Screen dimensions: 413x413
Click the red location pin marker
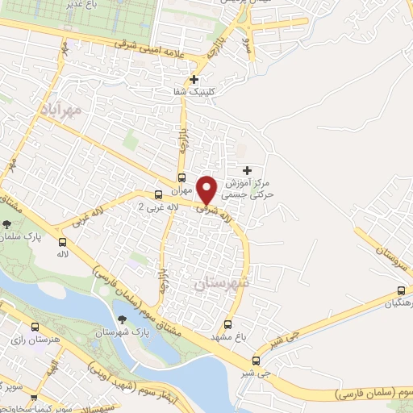click(x=206, y=189)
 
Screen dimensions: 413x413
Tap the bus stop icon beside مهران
click(x=181, y=178)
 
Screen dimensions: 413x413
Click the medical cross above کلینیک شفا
click(x=194, y=79)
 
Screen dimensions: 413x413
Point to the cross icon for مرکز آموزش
click(x=247, y=170)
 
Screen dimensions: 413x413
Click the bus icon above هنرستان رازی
click(x=34, y=327)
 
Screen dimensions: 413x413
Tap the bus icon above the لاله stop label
click(x=62, y=241)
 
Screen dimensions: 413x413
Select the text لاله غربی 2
click(x=159, y=207)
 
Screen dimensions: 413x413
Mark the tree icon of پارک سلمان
click(x=7, y=225)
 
